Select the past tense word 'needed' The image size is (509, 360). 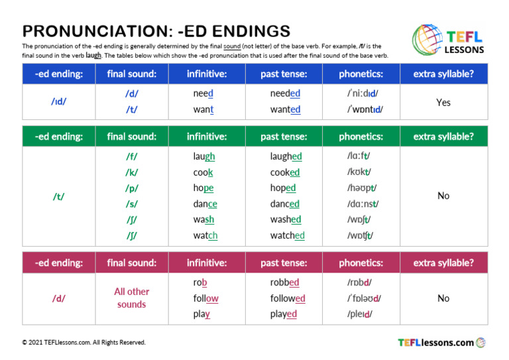pos(285,93)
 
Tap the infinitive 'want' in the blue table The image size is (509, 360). pos(203,109)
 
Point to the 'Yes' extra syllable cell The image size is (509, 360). pos(443,102)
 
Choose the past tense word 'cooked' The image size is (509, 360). pos(284,172)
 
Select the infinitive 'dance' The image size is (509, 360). pos(205,204)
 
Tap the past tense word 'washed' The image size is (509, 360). pos(285,219)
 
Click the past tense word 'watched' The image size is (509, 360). pos(287,235)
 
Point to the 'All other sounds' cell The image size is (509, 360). pos(131,298)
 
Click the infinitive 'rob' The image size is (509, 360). pos(200,282)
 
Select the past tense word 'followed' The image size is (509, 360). pos(287,298)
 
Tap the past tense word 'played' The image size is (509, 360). pos(283,314)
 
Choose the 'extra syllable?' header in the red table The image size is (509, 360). pos(443,263)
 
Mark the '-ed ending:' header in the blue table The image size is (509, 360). pos(58,74)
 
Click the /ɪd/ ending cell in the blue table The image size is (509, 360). pos(58,102)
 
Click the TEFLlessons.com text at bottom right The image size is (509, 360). pos(435,343)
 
